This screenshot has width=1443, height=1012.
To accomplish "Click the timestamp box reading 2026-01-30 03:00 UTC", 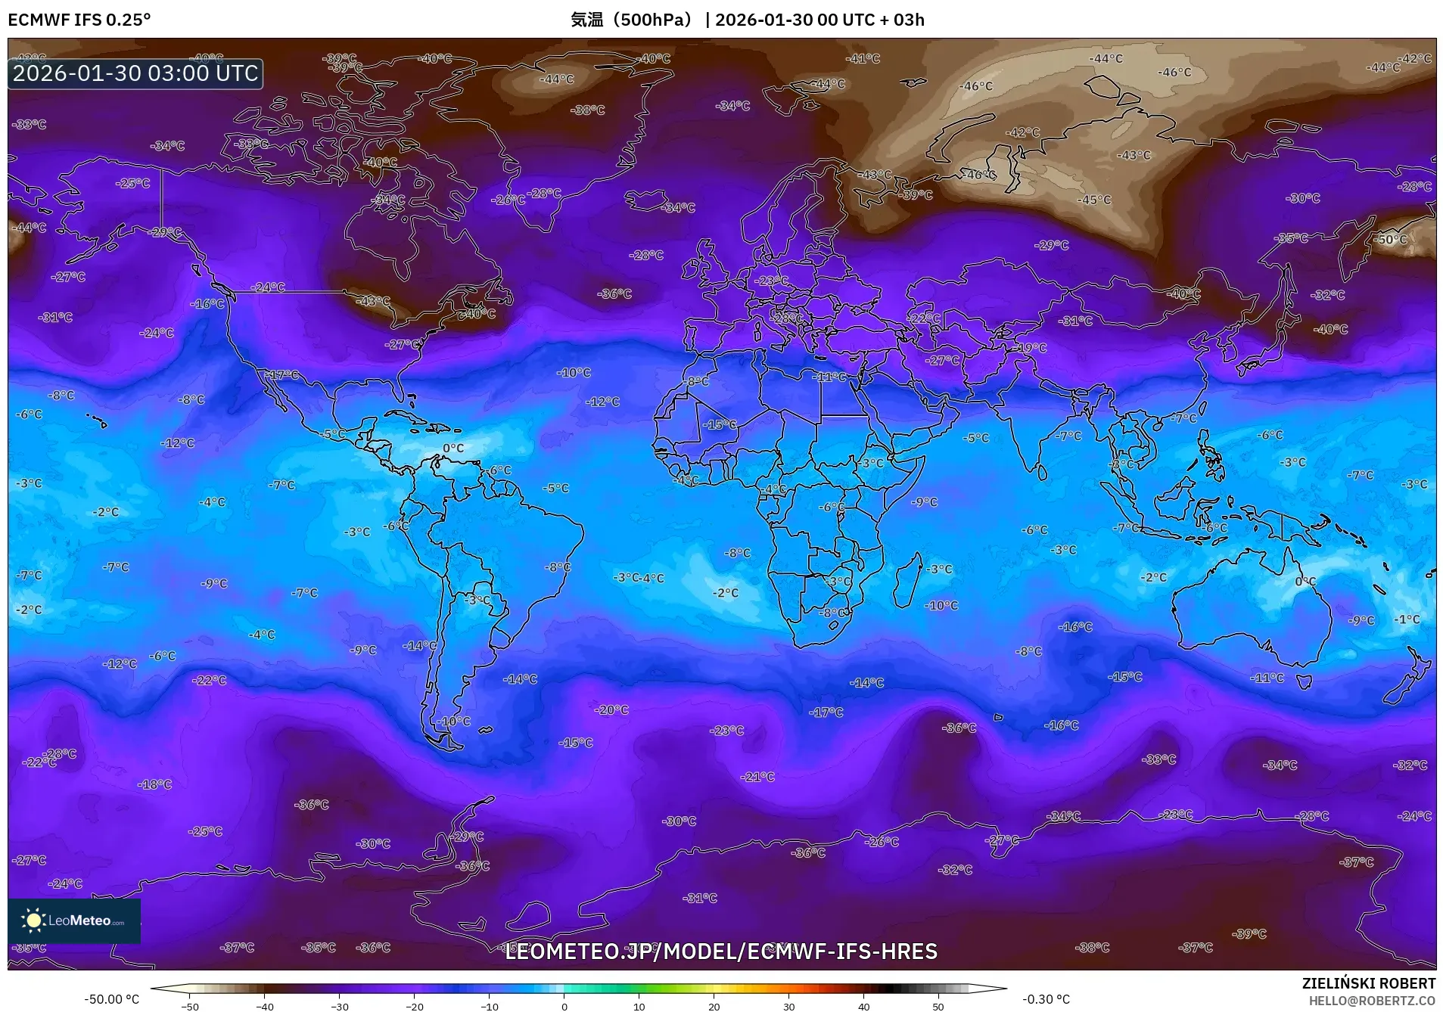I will (x=135, y=73).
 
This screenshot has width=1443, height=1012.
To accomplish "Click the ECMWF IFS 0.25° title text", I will (x=79, y=20).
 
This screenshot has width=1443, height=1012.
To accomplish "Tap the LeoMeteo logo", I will (x=74, y=920).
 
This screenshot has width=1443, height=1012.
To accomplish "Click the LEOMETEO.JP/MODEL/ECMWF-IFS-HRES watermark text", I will (x=720, y=951).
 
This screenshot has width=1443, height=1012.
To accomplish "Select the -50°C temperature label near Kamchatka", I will (x=1391, y=239).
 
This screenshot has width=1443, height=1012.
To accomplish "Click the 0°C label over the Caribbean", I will (x=453, y=448).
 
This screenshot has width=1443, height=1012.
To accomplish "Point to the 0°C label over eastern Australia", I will (x=1305, y=582).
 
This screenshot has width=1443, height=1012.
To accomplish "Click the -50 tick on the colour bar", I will (x=190, y=1006).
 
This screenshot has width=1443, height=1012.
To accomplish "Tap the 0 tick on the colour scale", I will (x=564, y=1006).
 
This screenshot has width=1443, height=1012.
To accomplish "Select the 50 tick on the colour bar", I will (x=938, y=1006).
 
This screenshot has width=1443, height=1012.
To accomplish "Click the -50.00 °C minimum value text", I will (x=111, y=999).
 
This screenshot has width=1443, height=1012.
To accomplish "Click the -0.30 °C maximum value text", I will (x=1046, y=999).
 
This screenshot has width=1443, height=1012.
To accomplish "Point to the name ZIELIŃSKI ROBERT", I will (x=1368, y=983).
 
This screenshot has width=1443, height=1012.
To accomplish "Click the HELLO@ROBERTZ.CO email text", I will (x=1372, y=1000).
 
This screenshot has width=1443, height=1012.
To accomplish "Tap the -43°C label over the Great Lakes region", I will (x=373, y=301).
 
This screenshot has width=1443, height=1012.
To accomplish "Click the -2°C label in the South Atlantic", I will (x=725, y=593).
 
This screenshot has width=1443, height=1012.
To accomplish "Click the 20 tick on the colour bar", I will (x=714, y=1006).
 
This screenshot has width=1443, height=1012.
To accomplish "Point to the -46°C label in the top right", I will (x=1174, y=72).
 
